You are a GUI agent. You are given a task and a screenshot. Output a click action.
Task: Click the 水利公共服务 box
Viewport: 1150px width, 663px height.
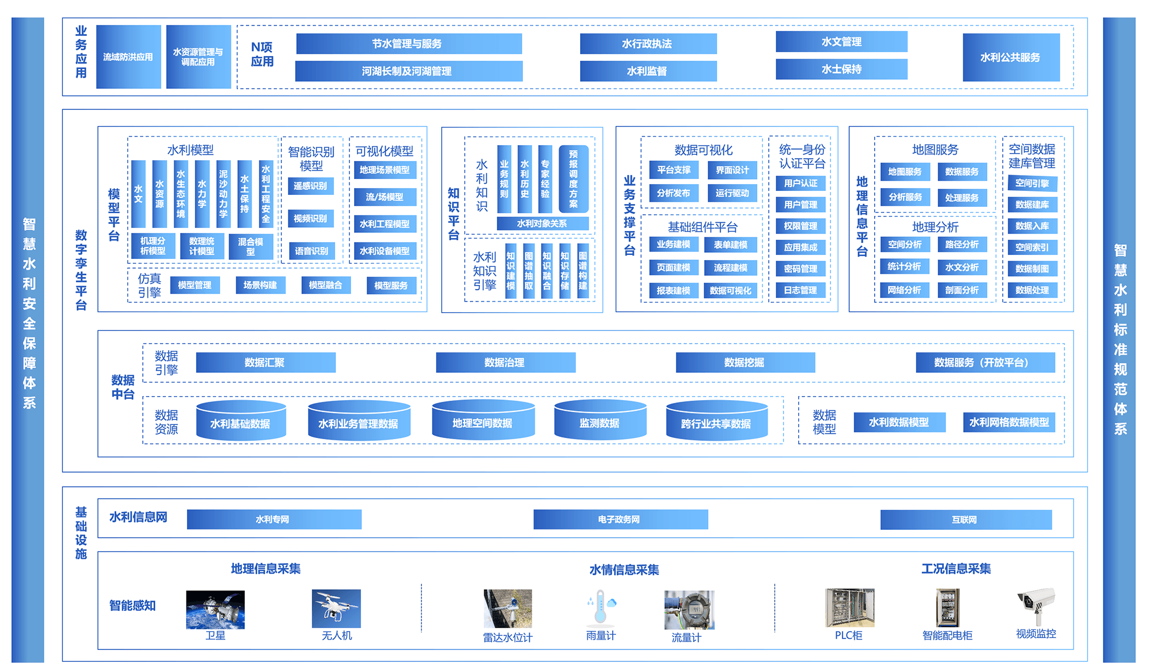tap(1011, 57)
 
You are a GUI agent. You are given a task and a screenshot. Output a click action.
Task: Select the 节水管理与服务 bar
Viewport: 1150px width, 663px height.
tap(408, 44)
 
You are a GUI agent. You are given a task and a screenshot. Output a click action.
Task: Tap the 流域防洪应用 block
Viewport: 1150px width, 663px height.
tap(129, 57)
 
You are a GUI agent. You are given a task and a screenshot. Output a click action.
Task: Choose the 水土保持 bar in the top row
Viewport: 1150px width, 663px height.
tap(841, 69)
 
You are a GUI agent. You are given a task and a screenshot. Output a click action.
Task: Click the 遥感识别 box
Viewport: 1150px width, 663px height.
tap(310, 186)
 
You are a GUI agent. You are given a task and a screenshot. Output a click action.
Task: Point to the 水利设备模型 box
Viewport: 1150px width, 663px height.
tap(385, 251)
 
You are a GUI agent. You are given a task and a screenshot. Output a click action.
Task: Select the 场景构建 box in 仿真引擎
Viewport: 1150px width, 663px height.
tap(260, 285)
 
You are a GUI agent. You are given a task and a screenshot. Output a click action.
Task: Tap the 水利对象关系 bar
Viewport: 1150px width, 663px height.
tap(542, 223)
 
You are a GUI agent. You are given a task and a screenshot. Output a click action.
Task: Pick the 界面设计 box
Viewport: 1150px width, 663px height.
tap(732, 170)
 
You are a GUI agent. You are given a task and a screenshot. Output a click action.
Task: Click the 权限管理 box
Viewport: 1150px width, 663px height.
tap(800, 226)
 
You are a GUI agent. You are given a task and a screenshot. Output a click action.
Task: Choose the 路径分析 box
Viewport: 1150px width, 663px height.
tap(962, 244)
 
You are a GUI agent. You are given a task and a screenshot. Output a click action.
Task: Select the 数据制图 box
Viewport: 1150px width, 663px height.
tap(1032, 269)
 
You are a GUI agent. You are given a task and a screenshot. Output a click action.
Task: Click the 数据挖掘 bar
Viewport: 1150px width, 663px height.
tap(745, 363)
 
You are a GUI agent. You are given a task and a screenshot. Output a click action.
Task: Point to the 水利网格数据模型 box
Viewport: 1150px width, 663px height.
tap(1009, 422)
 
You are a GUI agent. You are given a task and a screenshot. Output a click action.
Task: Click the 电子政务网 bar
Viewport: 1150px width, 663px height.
tap(620, 519)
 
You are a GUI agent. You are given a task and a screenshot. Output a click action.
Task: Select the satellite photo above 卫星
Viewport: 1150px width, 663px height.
tap(215, 610)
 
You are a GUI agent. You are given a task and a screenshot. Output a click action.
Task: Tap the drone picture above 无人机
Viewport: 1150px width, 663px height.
tap(336, 609)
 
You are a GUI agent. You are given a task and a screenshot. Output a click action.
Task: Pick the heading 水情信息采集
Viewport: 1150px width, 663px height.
tap(624, 569)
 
